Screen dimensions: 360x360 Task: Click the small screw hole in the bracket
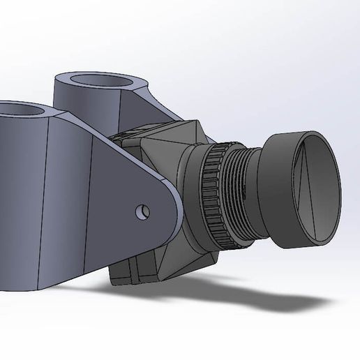(144, 209)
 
